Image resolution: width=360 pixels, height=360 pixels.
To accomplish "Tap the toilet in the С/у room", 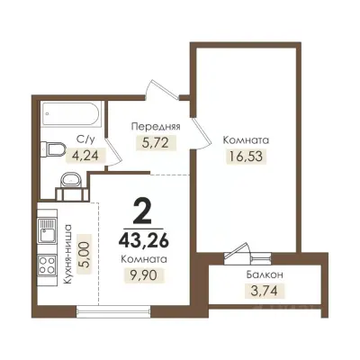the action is pos(53,148).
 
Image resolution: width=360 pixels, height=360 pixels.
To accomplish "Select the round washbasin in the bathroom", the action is pos(72,182).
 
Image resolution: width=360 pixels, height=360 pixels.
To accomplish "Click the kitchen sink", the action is pos(47,230).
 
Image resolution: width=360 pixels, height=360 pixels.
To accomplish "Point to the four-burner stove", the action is pos(47,265).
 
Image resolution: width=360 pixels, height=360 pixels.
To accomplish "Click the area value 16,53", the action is pos(246,156).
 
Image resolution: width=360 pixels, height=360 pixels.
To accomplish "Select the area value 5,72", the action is pos(155,143).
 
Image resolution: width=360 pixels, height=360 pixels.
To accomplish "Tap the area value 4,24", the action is pos(85,156).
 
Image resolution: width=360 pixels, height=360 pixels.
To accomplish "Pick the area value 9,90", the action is pos(143,274).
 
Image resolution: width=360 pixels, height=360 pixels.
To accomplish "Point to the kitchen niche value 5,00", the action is pos(85,254).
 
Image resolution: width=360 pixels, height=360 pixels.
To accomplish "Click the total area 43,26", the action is pos(143,241).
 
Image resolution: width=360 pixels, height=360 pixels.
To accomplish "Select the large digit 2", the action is pos(143,211).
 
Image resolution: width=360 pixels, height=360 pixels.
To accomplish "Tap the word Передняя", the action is pos(156,127).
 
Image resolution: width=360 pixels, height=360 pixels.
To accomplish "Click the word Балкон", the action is pos(265,274).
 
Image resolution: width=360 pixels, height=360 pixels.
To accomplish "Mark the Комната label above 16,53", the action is pos(246,140).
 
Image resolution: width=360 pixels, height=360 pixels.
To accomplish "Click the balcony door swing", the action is pos(238,250).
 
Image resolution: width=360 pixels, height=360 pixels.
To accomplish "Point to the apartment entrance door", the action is pos(162,87).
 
